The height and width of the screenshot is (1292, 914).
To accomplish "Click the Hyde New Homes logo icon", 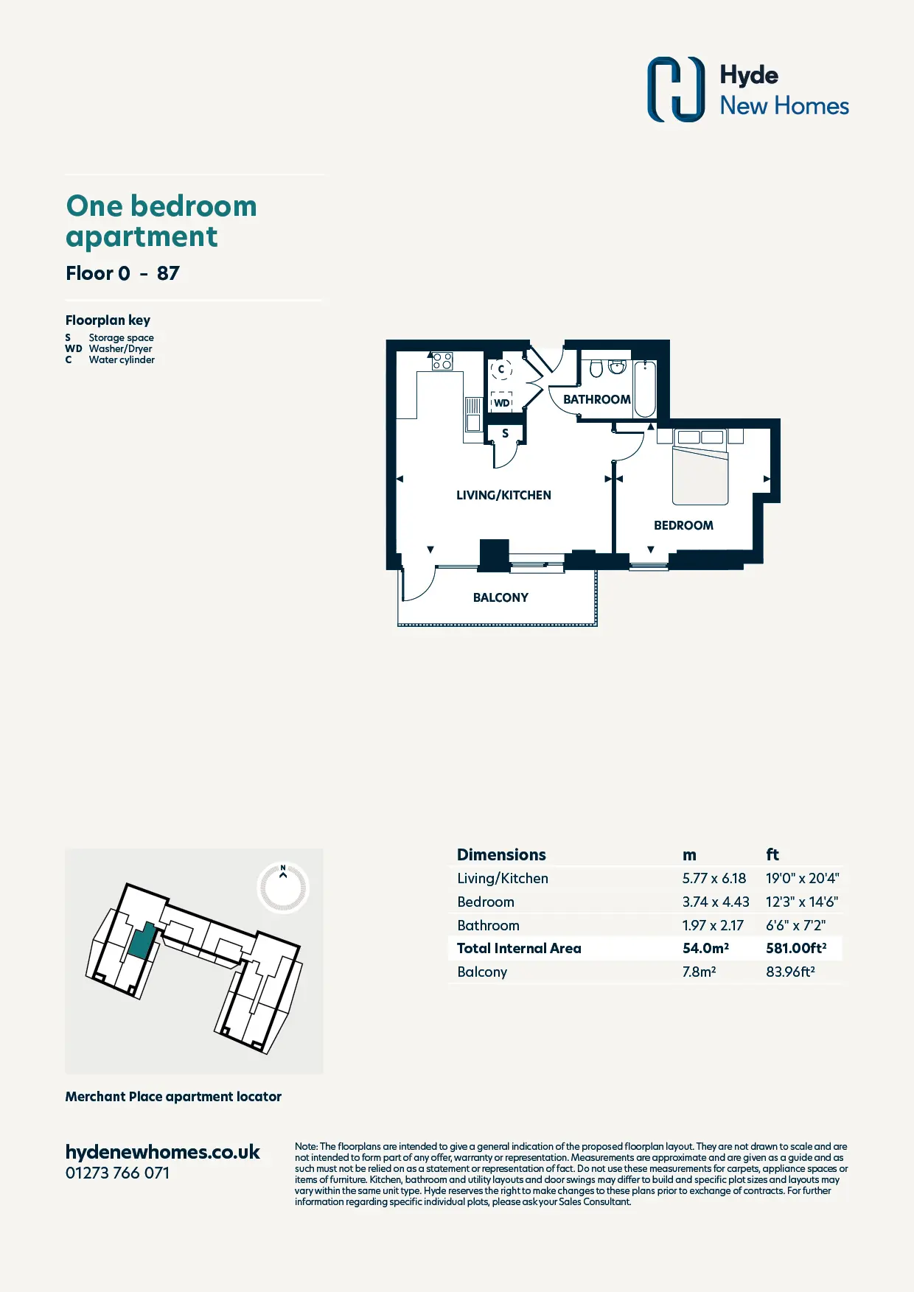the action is click(x=676, y=89).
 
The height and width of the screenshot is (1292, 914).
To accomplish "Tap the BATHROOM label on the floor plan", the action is click(x=597, y=399).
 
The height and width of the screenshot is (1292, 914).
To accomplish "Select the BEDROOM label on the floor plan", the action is click(x=683, y=525).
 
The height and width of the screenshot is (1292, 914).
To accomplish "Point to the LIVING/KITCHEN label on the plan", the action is click(x=503, y=495).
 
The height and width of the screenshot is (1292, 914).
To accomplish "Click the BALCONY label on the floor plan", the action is click(x=500, y=597).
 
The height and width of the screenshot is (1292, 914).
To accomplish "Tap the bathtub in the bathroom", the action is click(x=645, y=388).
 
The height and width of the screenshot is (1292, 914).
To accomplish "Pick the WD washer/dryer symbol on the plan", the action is click(x=502, y=402).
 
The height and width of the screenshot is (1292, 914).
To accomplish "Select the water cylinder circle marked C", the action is click(x=501, y=369).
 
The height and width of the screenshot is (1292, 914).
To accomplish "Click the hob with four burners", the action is click(x=442, y=361).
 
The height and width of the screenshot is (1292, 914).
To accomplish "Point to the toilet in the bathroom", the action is click(x=596, y=368).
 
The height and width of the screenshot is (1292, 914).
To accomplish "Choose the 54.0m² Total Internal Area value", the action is click(x=705, y=948).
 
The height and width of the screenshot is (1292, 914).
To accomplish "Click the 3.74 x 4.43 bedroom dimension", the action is click(x=716, y=902).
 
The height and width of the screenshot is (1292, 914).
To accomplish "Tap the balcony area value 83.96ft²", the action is click(x=790, y=972).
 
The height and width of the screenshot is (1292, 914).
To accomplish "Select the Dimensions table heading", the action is click(x=501, y=854).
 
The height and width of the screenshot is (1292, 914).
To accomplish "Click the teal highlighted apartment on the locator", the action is click(x=142, y=941).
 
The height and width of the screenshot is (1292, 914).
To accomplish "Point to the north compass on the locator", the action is click(x=283, y=887).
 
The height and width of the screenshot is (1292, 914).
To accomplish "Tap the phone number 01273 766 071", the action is click(x=117, y=1173).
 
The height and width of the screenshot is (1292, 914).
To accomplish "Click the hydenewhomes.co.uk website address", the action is click(x=163, y=1152).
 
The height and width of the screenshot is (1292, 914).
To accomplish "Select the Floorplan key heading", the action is click(x=108, y=320).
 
